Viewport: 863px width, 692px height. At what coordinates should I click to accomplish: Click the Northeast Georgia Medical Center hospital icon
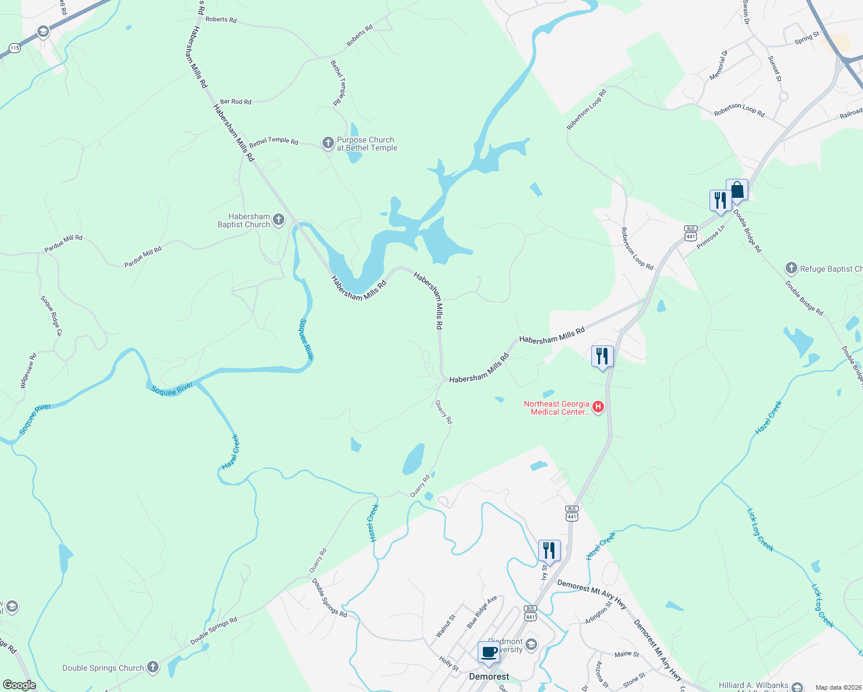(598, 408)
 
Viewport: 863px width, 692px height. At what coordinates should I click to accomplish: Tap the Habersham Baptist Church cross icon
(279, 219)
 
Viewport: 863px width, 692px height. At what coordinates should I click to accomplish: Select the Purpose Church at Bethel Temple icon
(328, 142)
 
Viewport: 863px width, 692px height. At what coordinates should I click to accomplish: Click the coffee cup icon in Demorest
(489, 652)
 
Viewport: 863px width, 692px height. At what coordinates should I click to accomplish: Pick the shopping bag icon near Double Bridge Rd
(737, 189)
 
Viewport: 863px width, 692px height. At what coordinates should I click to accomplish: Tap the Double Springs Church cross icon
(152, 667)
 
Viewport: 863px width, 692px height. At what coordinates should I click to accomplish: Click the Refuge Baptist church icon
(791, 268)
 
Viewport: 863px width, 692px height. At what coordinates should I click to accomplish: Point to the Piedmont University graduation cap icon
(531, 644)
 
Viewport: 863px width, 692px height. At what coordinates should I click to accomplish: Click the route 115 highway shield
(14, 48)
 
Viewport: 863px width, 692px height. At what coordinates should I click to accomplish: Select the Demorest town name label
(489, 676)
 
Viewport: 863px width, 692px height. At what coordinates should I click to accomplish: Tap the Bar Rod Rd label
(235, 101)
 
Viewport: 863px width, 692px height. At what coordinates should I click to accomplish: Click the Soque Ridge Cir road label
(51, 315)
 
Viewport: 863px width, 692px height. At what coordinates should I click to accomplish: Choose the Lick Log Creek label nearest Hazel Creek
(760, 530)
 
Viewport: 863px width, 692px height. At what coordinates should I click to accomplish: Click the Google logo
(19, 685)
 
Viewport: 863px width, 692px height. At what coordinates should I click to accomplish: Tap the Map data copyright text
(838, 687)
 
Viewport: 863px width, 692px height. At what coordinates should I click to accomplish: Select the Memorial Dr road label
(718, 65)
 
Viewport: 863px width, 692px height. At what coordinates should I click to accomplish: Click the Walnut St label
(445, 626)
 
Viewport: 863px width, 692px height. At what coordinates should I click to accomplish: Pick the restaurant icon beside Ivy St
(549, 551)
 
